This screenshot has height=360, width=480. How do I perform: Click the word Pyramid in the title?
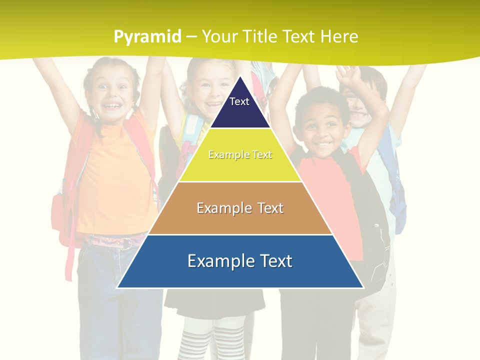coord(147,37)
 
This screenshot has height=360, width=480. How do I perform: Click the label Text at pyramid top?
coord(239,101)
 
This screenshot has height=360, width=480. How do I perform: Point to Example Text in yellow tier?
coord(240,154)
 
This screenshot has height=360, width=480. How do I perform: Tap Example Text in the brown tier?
coord(240,208)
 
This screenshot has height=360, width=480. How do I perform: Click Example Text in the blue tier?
coord(240,261)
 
